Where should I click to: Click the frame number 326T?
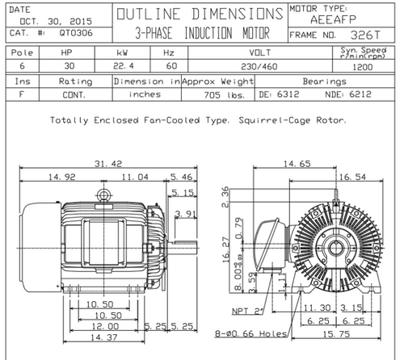[365, 35]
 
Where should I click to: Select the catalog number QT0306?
[76, 33]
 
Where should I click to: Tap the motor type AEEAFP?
[334, 19]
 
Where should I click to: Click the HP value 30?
[69, 66]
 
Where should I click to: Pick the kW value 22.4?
[124, 66]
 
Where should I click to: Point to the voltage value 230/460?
[259, 66]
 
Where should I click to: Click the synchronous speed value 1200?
[363, 67]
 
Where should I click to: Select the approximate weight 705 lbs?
[225, 95]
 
